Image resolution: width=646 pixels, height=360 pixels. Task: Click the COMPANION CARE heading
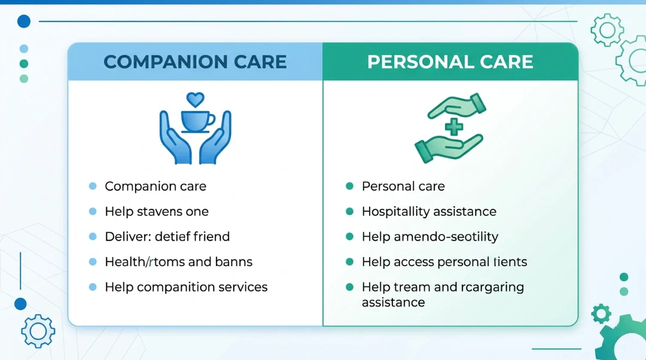point(195,62)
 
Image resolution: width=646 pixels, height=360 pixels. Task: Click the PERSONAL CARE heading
point(450,62)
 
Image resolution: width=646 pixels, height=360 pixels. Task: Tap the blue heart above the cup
point(195,99)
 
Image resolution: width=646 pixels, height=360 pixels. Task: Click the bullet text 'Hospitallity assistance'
point(429,212)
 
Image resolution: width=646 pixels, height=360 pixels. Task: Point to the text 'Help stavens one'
point(156,212)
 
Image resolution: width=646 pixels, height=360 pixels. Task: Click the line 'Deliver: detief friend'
point(167,237)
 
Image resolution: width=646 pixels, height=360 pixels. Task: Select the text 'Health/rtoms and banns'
point(178,262)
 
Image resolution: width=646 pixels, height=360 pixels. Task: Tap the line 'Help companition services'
point(186,287)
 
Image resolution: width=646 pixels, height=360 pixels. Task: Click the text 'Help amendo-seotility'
point(429,237)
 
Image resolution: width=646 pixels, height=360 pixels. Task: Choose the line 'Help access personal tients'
point(444,262)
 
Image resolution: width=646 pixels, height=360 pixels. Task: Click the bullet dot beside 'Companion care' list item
point(92,187)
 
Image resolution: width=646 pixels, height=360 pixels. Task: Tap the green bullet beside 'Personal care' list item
point(349,187)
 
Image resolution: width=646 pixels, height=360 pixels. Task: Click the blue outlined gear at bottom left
point(38,331)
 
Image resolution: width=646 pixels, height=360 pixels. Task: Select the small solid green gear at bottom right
point(601,313)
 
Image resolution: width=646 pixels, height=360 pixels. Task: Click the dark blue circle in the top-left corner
point(23,22)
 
